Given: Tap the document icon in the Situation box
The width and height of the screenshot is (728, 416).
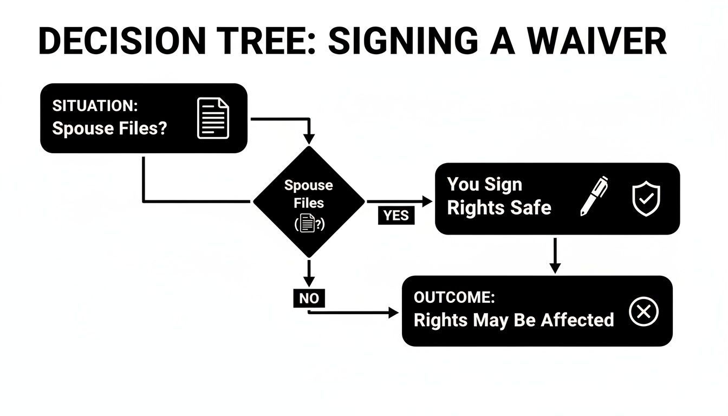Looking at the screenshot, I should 213,118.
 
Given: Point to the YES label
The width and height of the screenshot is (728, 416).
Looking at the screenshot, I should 395,216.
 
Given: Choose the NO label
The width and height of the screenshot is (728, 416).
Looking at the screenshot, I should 309,298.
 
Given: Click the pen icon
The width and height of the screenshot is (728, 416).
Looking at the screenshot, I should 594,196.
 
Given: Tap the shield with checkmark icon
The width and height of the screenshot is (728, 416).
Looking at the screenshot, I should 646,198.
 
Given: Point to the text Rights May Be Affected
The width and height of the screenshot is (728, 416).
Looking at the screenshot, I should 513,320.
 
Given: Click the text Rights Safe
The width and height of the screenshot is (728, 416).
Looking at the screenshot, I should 499,207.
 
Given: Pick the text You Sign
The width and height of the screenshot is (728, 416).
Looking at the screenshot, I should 484,185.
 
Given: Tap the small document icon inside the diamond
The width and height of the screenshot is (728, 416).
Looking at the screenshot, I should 308,223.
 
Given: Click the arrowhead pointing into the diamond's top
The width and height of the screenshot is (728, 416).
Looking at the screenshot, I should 309,140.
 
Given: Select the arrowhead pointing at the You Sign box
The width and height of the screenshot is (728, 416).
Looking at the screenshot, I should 428,201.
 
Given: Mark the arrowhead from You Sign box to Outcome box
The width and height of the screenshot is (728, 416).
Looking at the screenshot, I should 554,268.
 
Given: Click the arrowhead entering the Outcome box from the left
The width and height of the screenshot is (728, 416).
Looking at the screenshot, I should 394,313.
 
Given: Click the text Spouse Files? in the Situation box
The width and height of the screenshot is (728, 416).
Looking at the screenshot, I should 109,129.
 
